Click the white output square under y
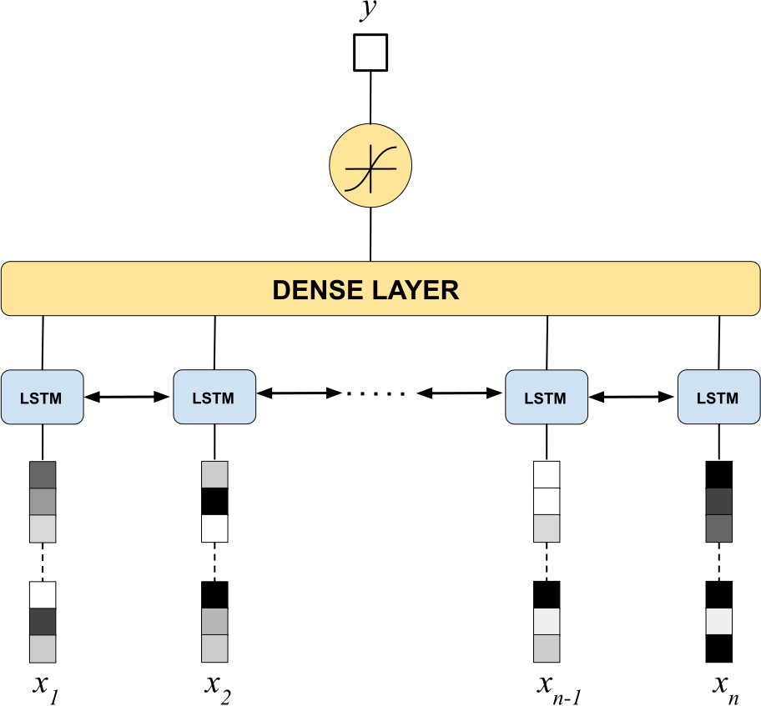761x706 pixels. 370,53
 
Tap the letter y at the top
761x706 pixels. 369,10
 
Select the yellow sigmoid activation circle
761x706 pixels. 370,165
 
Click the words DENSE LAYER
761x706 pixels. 365,290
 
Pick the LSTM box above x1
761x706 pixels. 43,397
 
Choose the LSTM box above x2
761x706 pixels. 214,397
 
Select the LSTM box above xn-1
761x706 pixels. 547,397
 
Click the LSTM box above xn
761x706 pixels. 718,397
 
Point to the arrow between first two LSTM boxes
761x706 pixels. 127,397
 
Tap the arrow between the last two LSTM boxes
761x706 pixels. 632,397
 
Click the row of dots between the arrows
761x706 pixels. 375,393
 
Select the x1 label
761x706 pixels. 46,688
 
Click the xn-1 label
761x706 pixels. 559,688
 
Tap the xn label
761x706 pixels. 726,688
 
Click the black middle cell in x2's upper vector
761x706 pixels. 214,502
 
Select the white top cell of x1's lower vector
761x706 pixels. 43,595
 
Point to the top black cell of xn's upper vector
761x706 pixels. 718,475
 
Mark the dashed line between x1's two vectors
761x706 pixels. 43,562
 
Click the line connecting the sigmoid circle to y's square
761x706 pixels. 370,98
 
